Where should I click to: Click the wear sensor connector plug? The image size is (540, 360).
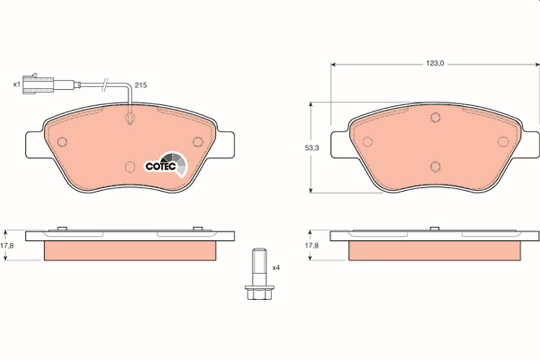(x=38, y=84)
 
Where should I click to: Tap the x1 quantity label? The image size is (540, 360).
(x=16, y=84)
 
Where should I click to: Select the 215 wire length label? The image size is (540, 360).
(x=141, y=85)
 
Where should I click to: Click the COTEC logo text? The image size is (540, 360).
(x=157, y=166)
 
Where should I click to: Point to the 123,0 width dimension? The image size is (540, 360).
(x=435, y=64)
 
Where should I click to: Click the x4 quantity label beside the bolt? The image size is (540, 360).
(x=276, y=267)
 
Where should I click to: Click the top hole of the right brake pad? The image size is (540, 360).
(x=435, y=117)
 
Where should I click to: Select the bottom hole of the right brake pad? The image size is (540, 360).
(x=435, y=166)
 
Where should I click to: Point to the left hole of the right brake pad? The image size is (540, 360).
(x=368, y=142)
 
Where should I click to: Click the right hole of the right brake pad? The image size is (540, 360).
(x=502, y=142)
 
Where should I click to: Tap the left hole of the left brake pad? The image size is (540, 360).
(x=63, y=142)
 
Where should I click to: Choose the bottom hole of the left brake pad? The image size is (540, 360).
(x=130, y=166)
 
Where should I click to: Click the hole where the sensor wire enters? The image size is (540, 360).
(x=130, y=118)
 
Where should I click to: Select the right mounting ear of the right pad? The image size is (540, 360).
(x=531, y=144)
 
